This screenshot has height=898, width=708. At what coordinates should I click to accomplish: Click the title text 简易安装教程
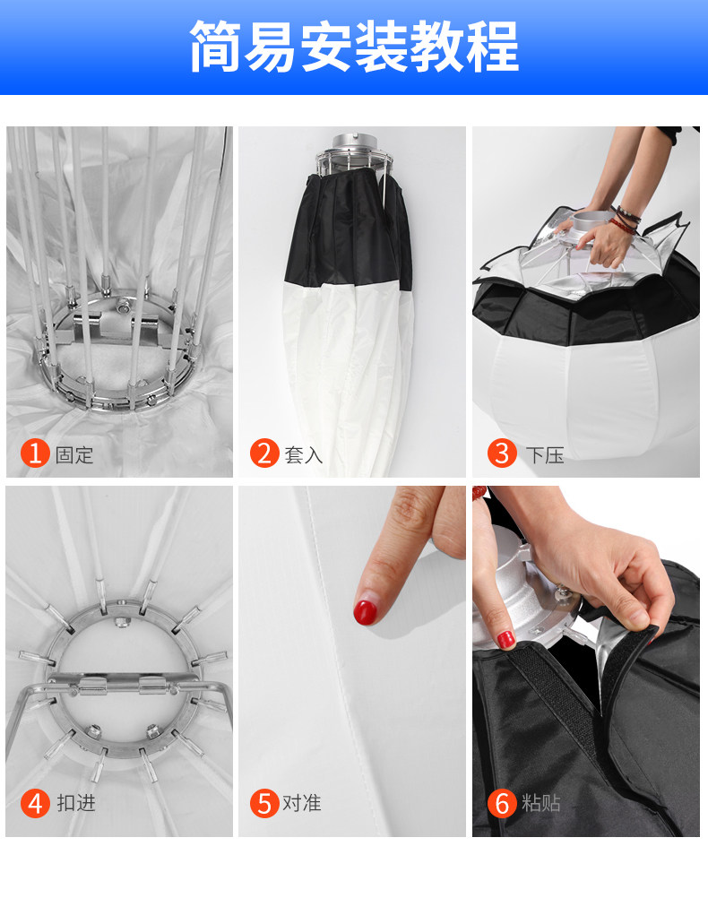[354, 47]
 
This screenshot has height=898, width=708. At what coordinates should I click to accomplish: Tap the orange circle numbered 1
[35, 453]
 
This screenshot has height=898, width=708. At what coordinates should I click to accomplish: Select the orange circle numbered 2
[264, 453]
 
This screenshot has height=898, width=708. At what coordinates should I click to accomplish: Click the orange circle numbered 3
[503, 453]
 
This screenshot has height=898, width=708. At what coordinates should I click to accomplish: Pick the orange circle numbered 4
[35, 803]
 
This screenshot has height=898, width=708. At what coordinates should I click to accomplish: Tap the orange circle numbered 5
[264, 803]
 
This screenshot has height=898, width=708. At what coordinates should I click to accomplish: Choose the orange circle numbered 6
[503, 803]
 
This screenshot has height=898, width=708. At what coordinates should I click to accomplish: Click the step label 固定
[74, 455]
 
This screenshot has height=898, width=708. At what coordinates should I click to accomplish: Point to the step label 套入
[304, 455]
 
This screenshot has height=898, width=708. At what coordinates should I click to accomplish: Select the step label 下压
[545, 455]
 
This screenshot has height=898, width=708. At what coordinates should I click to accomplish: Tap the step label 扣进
[76, 803]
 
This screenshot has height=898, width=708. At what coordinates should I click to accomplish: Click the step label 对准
[302, 803]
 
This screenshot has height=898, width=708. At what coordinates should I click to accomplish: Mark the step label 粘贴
[541, 803]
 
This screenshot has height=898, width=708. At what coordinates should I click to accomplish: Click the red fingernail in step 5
[365, 612]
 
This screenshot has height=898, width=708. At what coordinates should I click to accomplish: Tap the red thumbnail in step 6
[505, 639]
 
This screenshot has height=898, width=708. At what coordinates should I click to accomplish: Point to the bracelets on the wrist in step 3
[626, 220]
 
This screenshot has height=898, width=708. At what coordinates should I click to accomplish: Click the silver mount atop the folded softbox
[355, 152]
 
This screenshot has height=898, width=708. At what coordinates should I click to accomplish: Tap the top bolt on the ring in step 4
[121, 622]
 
